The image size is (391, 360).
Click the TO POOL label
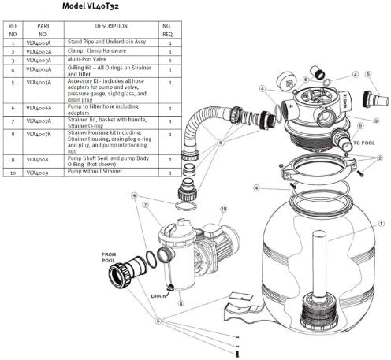pyautogui.click(x=363, y=144)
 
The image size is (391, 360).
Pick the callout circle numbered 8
pyautogui.click(x=181, y=302)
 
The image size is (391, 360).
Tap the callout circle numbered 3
pyautogui.click(x=377, y=120)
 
